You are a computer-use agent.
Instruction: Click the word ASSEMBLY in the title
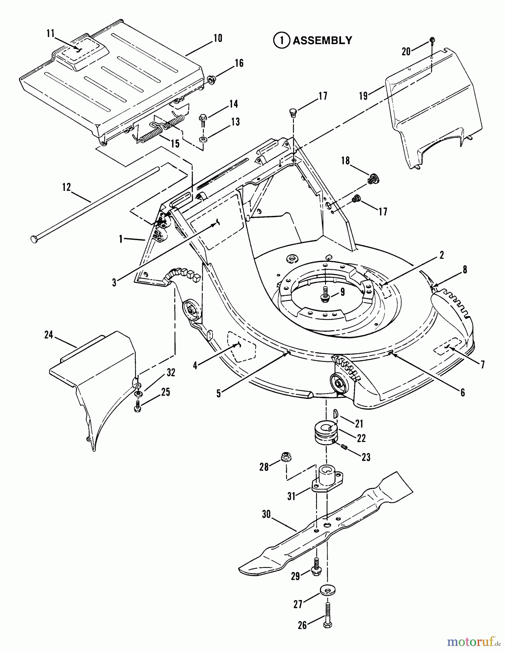click(322, 41)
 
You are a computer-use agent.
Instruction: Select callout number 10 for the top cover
click(218, 38)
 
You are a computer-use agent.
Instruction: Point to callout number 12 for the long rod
click(66, 187)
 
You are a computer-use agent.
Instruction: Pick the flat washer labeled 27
click(327, 591)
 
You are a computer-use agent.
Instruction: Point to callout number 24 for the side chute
click(49, 335)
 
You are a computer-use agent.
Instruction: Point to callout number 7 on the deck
click(482, 364)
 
